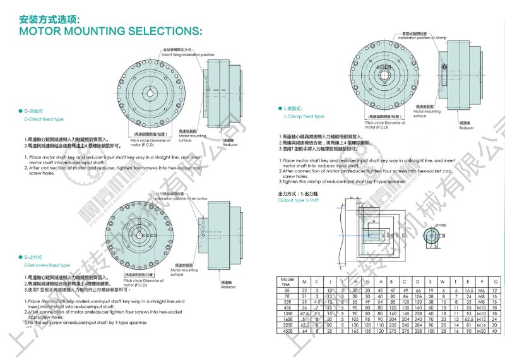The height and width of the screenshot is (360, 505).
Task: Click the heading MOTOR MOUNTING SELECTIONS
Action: pyautogui.click(x=110, y=30)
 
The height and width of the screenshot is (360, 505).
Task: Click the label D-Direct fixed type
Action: pyautogui.click(x=44, y=119)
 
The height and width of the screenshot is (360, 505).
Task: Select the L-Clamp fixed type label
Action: pyautogui.click(x=304, y=116)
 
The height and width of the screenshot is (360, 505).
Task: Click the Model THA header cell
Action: pyautogui.click(x=288, y=282)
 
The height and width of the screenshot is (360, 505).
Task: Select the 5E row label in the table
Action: pyautogui.click(x=288, y=289)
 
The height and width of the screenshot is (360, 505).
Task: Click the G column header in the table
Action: pyautogui.click(x=496, y=282)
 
